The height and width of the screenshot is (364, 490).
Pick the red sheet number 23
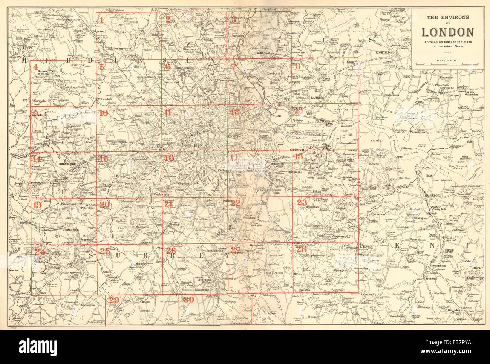pyautogui.click(x=302, y=202)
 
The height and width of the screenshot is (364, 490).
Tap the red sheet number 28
pyautogui.click(x=301, y=249)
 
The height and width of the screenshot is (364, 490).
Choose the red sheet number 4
pyautogui.click(x=36, y=68)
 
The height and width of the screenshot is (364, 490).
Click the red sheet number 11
pyautogui.click(x=168, y=112)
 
